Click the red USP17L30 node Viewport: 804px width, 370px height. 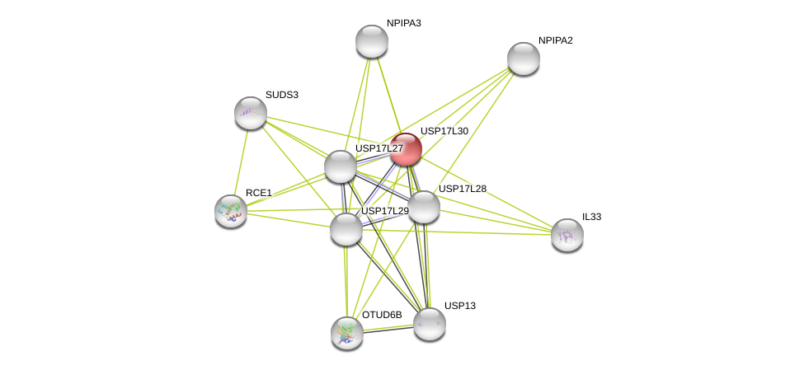point(406,149)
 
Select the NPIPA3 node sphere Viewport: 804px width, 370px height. point(372,41)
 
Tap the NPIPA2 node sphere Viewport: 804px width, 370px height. point(523,59)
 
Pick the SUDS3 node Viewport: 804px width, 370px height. point(251,113)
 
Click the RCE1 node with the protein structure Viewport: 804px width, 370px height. point(231,211)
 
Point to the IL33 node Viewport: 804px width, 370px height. point(567,235)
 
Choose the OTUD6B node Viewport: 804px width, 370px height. point(347,333)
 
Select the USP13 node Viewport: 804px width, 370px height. point(429,324)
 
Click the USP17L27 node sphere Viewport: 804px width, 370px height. point(341,166)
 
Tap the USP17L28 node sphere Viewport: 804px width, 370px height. point(424,207)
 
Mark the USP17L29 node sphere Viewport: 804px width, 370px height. point(346,229)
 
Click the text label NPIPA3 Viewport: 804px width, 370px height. point(404,23)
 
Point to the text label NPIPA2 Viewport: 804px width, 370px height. point(555,40)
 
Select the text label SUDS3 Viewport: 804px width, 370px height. point(282,95)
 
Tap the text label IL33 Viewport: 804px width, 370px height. point(592,217)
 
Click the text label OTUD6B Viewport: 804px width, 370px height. point(382,315)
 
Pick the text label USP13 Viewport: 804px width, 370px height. point(460,306)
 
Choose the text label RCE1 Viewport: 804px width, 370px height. point(259,193)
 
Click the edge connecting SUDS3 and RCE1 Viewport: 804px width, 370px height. point(241,162)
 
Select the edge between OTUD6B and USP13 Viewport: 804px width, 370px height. point(388,329)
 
